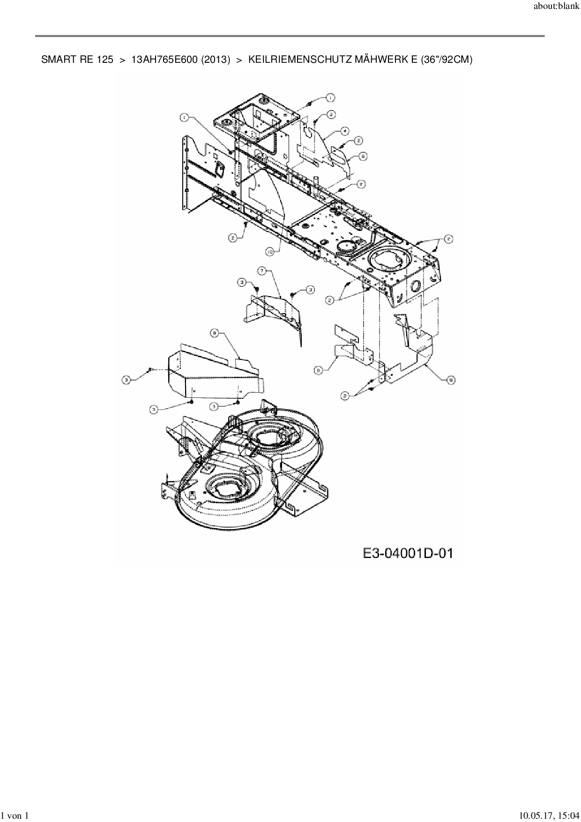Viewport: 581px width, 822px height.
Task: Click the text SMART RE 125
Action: point(77,60)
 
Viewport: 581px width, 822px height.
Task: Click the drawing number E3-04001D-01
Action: point(408,553)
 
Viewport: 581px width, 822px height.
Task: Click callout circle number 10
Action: point(270,252)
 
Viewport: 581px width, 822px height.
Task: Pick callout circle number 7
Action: point(262,270)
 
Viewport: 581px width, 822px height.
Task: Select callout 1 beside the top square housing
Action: point(330,97)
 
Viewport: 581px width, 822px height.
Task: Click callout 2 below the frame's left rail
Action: point(233,238)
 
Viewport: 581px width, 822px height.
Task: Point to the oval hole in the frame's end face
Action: point(415,286)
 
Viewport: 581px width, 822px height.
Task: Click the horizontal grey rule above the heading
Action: point(290,36)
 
